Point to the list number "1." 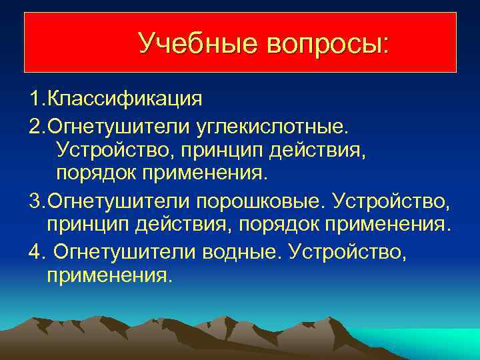coord(37,99)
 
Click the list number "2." coord(37,125)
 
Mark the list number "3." coord(37,199)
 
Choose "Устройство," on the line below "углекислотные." coord(111,149)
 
